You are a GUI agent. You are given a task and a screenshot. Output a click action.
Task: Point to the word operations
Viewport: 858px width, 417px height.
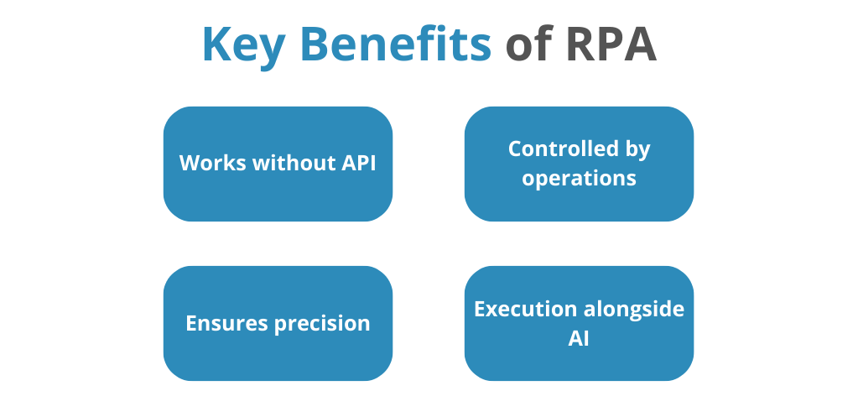(x=579, y=179)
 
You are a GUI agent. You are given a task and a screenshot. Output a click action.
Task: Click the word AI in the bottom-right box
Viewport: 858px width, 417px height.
(x=579, y=338)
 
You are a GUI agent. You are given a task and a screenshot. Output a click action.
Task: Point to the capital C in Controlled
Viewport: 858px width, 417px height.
(x=515, y=149)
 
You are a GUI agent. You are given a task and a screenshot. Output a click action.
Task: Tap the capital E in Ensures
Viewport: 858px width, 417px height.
(x=191, y=323)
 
